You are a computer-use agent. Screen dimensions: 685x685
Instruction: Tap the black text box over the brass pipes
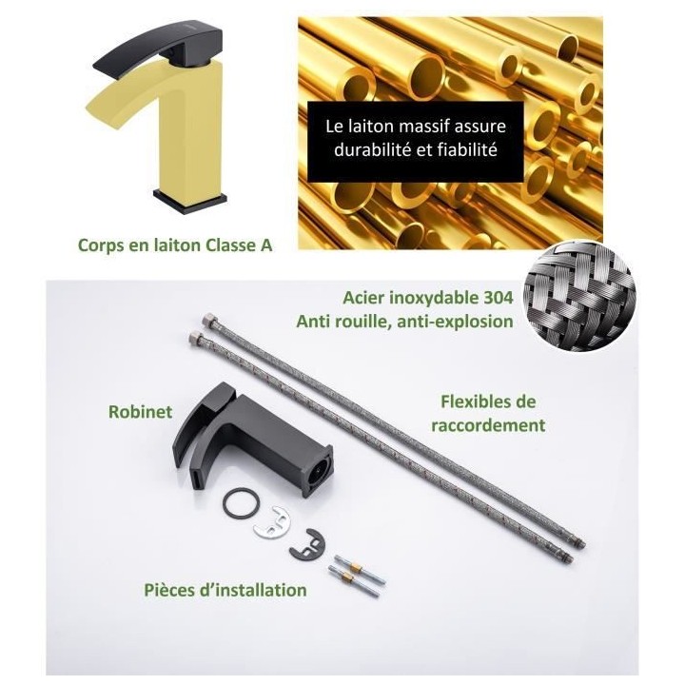416,138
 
